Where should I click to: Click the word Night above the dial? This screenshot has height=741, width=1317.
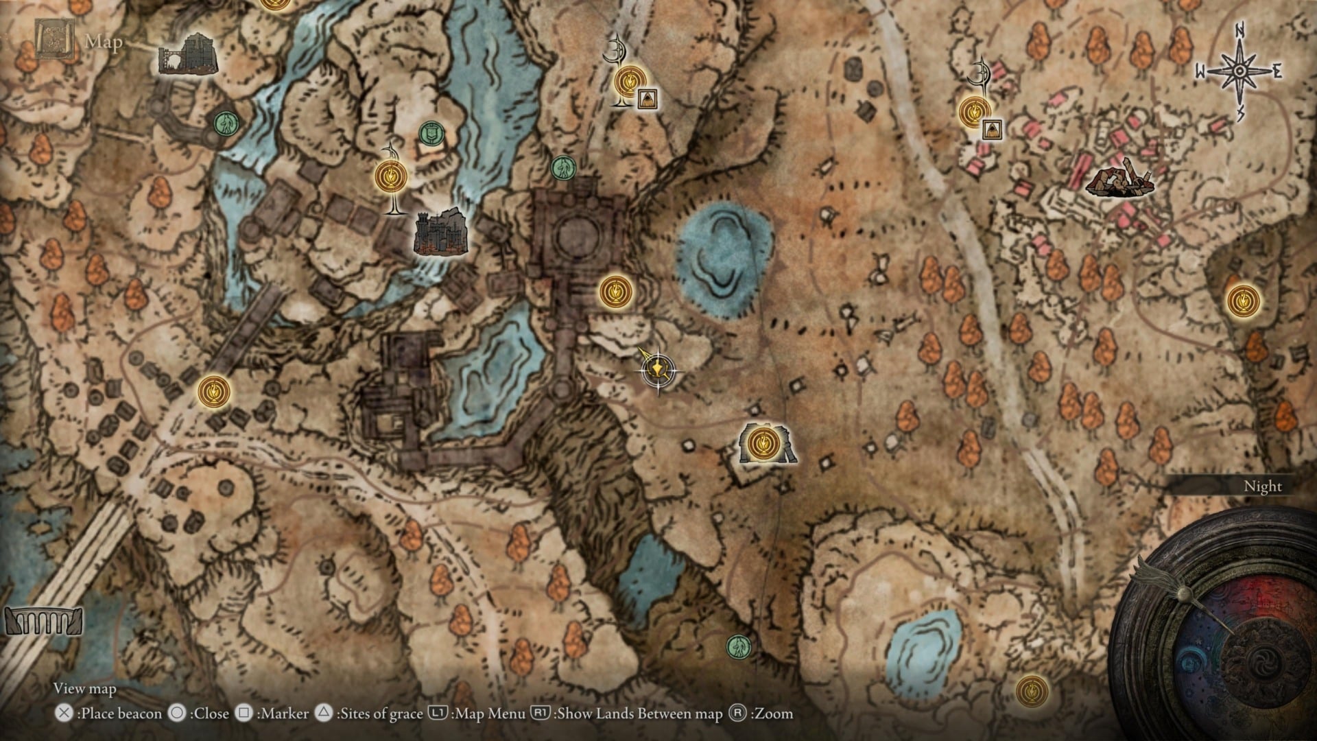point(1262,486)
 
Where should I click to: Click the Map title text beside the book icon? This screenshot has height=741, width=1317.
point(104,42)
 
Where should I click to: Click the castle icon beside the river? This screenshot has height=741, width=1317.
point(442,232)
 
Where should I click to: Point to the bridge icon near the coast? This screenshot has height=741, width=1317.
point(43,622)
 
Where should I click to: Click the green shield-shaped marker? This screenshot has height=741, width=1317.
point(430,132)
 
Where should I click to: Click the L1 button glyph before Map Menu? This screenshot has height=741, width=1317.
point(438,714)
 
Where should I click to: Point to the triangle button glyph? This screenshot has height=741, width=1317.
point(323,714)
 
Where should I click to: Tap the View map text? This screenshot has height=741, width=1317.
point(85,688)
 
